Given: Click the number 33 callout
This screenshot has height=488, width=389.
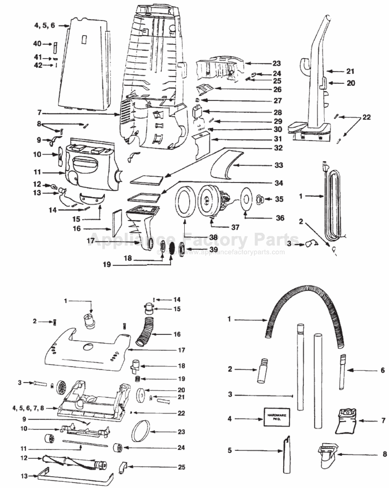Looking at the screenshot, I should (278, 165).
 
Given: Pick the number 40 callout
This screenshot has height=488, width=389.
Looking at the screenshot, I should (38, 44).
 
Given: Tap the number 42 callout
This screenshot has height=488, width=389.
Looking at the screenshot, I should (38, 65).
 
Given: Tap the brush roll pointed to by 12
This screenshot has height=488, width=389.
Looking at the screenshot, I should (73, 461).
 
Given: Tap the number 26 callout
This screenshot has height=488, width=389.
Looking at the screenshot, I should (277, 89).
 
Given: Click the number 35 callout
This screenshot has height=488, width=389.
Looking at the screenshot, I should (279, 199).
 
